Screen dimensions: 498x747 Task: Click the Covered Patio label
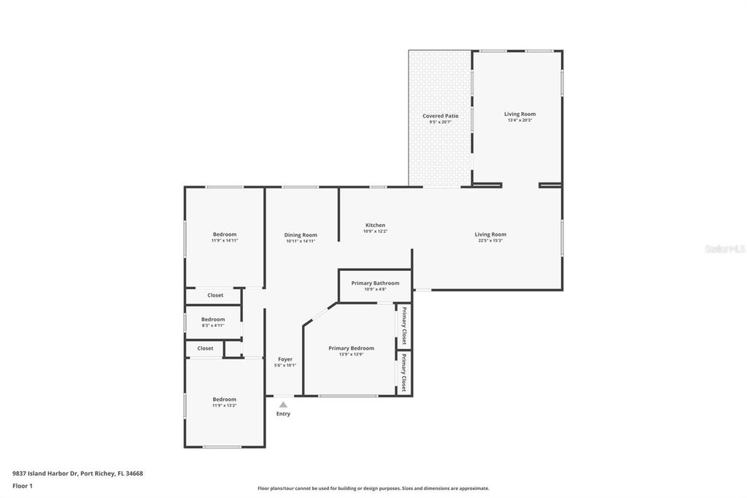click(x=441, y=116)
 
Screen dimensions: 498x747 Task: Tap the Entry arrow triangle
click(x=283, y=404)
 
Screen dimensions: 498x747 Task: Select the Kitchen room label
click(x=375, y=225)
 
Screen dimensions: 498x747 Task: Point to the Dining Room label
click(x=301, y=234)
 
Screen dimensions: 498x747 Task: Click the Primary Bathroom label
click(x=375, y=283)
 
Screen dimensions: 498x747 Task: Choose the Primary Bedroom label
click(x=351, y=348)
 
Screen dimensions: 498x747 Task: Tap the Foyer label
click(x=285, y=359)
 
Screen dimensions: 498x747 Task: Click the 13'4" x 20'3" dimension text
click(x=519, y=120)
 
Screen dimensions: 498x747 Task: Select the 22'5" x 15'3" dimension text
click(x=490, y=240)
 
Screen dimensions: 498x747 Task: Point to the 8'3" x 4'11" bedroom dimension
click(x=213, y=325)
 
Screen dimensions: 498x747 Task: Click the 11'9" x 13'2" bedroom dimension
click(x=224, y=405)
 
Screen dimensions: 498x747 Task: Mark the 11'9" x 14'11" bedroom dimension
click(x=225, y=240)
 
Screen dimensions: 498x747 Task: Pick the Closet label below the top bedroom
click(x=215, y=295)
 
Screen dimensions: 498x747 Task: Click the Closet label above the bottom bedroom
click(x=206, y=348)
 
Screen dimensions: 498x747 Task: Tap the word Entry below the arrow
click(x=283, y=414)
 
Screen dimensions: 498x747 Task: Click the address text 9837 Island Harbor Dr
click(x=77, y=473)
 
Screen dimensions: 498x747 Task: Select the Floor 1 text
click(x=23, y=486)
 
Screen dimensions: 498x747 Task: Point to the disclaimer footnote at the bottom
click(x=373, y=489)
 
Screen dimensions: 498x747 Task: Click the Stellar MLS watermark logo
click(x=724, y=249)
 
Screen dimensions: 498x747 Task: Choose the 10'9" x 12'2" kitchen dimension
click(x=375, y=231)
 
